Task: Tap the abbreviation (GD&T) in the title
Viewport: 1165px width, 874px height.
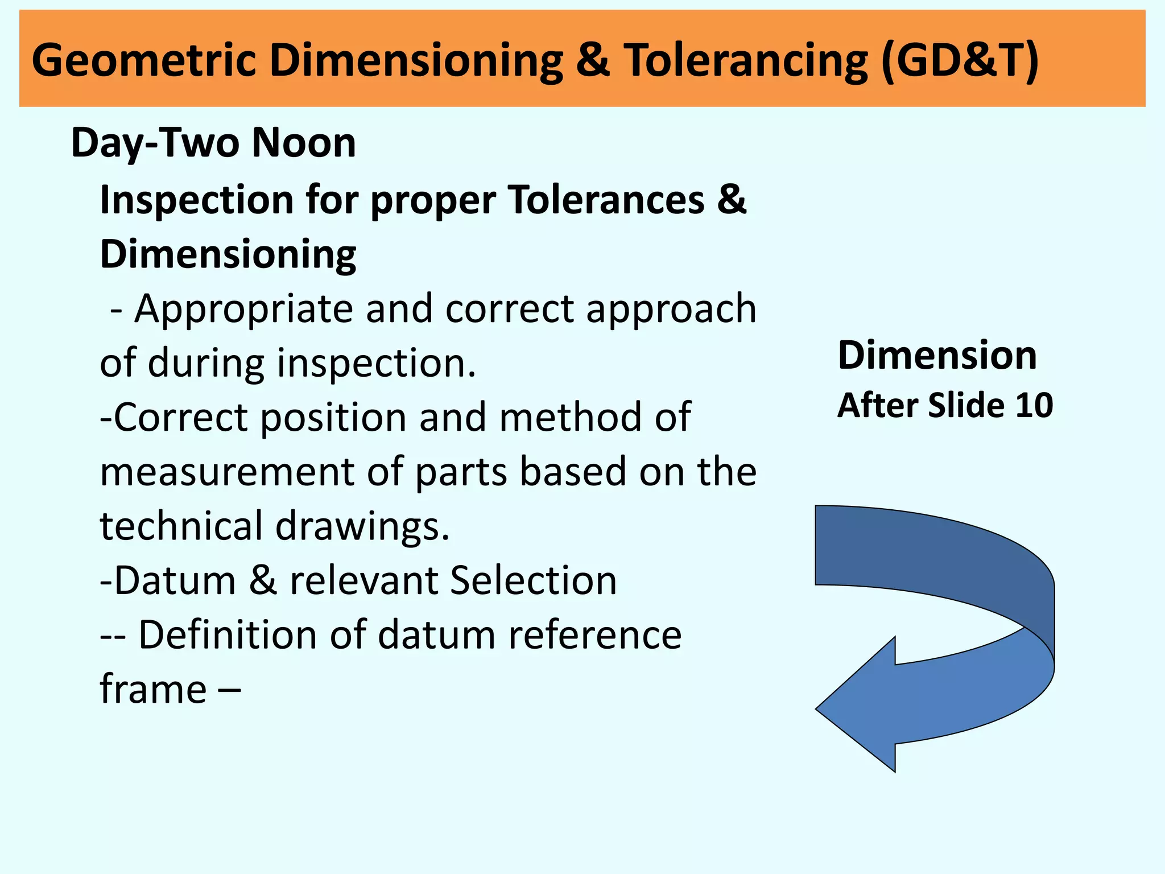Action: tap(960, 60)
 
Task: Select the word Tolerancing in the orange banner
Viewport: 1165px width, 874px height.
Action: tap(746, 60)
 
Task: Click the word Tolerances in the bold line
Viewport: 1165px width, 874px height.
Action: tap(606, 200)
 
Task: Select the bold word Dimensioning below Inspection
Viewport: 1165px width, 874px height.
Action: tap(228, 254)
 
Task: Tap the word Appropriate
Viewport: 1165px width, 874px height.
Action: tap(243, 309)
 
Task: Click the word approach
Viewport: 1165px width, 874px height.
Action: tap(671, 309)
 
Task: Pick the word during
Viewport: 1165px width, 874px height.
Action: tap(206, 363)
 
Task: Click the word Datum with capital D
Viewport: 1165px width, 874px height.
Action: tap(175, 580)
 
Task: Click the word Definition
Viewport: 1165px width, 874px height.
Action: tap(228, 634)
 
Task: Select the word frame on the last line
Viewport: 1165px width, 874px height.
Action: tap(153, 689)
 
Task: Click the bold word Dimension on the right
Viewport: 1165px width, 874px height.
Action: tap(937, 356)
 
